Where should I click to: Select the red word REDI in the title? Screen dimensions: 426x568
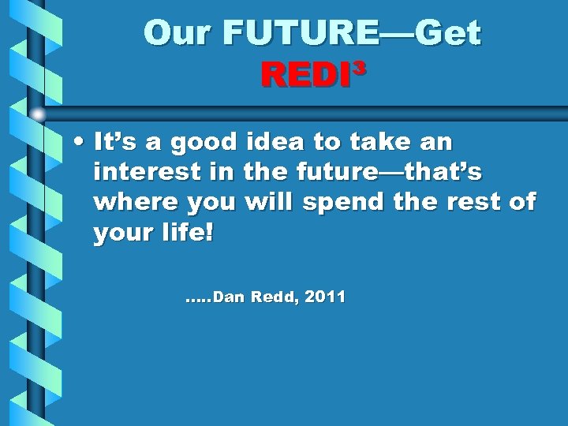[x=305, y=76]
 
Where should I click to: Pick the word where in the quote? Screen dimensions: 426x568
[x=135, y=202]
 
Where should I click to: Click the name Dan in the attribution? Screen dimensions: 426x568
[x=229, y=297]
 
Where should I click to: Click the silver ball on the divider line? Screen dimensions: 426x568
[x=38, y=114]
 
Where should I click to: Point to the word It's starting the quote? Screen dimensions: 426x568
[x=117, y=142]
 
